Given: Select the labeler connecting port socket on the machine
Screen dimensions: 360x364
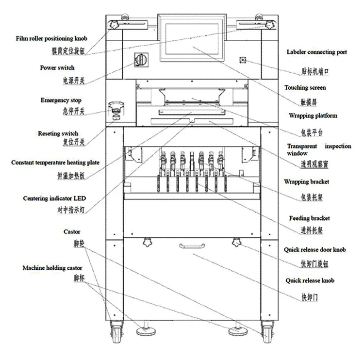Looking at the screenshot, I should coord(244,61).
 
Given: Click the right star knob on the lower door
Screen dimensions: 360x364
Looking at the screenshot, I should coord(238,242).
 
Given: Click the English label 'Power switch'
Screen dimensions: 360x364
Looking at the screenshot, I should coord(57,68).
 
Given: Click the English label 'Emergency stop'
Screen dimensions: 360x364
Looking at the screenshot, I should coord(61,100).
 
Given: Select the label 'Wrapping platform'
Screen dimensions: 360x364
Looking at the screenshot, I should coord(313,116).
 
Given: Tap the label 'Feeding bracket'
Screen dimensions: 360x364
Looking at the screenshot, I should coord(309,218).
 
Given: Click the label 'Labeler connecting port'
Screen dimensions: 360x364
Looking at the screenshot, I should coord(316,52).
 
